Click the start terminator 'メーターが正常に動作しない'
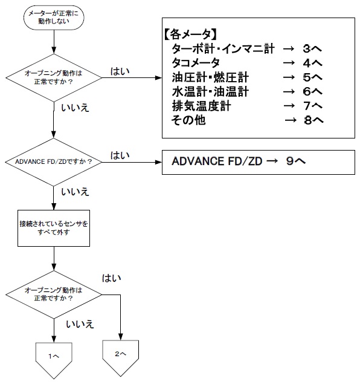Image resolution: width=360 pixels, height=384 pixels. click(x=54, y=17)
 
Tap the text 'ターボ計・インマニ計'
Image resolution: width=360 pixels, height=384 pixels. click(x=223, y=49)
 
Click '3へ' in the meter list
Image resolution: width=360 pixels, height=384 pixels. click(x=313, y=49)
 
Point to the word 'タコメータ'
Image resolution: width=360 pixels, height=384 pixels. click(x=196, y=63)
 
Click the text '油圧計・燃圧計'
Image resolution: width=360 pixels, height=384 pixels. click(x=210, y=77)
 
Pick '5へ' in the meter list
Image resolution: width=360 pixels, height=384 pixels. click(x=313, y=77)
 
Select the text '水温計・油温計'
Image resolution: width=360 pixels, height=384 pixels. click(x=210, y=91)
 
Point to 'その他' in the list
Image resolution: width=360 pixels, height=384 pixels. click(x=188, y=120)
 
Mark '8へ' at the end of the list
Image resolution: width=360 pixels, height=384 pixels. click(x=313, y=120)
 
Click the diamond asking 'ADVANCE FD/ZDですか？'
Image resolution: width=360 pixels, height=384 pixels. click(x=54, y=161)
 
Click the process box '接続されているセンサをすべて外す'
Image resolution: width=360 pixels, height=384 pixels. click(x=54, y=227)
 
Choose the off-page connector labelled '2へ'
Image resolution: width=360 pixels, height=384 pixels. click(x=121, y=353)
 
